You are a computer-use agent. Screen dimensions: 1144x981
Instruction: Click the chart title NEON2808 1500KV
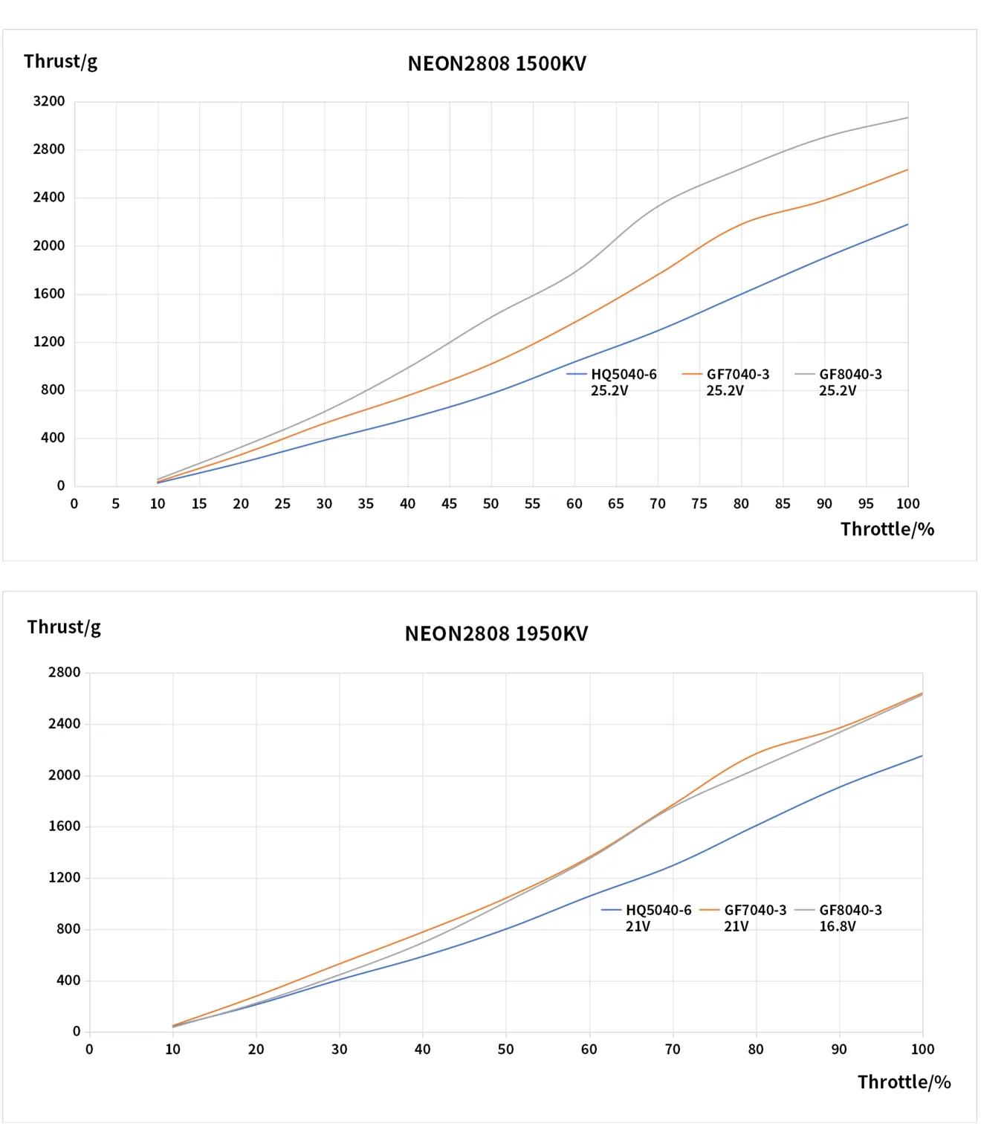pyautogui.click(x=496, y=64)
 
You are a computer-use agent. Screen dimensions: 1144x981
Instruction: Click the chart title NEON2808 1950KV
pyautogui.click(x=496, y=634)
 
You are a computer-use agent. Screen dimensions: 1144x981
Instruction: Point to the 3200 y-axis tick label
pyautogui.click(x=49, y=101)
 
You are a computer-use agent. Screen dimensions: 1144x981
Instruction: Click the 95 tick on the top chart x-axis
pyautogui.click(x=866, y=504)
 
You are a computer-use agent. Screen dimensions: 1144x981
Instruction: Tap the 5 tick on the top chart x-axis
pyautogui.click(x=116, y=504)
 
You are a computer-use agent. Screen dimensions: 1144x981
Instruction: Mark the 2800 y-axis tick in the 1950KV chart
pyautogui.click(x=64, y=673)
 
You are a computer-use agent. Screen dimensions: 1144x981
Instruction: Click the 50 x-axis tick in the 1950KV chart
pyautogui.click(x=505, y=1050)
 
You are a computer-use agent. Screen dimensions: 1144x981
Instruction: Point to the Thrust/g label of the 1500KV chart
pyautogui.click(x=60, y=62)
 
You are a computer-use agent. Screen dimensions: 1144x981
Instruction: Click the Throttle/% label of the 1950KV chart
pyautogui.click(x=904, y=1082)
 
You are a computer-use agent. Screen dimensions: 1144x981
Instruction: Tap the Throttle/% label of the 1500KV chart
pyautogui.click(x=887, y=529)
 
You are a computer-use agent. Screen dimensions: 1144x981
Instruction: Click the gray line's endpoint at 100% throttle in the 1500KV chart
pyautogui.click(x=907, y=117)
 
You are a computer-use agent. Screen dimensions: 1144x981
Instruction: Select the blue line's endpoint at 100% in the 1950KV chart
pyautogui.click(x=922, y=756)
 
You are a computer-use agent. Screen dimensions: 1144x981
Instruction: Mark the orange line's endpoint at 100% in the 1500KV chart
pyautogui.click(x=907, y=170)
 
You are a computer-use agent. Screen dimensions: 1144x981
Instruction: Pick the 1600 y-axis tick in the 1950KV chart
pyautogui.click(x=64, y=827)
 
